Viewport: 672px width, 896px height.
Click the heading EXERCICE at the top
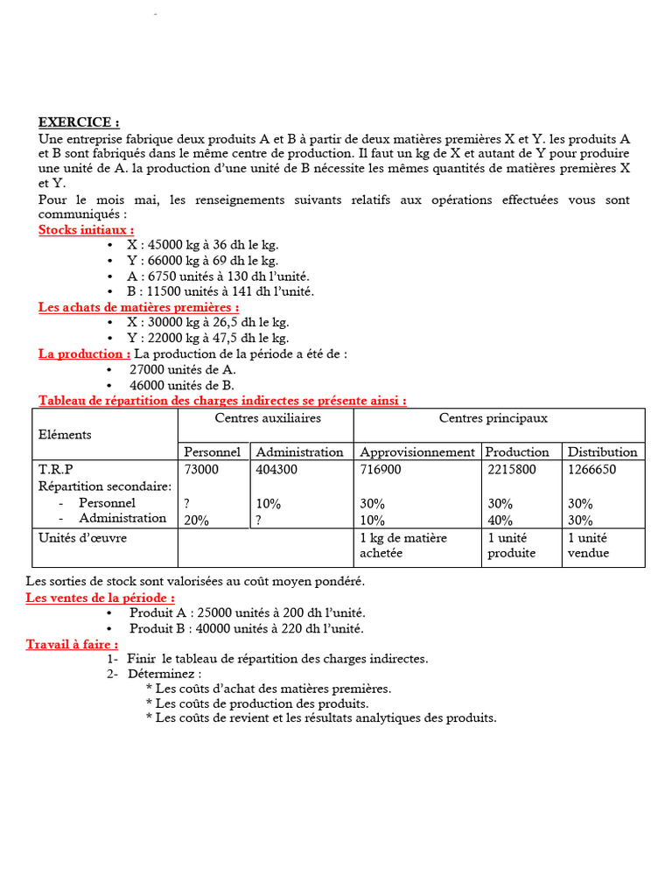point(79,122)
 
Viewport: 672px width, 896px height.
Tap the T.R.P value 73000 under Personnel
point(201,470)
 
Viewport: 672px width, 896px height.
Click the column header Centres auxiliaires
point(268,418)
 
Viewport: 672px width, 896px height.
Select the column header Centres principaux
point(493,418)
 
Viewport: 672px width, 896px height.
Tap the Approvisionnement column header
point(417,452)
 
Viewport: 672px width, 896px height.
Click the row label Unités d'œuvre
point(83,538)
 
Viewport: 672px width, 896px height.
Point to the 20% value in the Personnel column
point(197,520)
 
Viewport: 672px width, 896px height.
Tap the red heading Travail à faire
point(72,645)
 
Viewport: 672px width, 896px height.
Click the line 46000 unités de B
point(182,385)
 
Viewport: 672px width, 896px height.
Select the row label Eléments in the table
point(65,435)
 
